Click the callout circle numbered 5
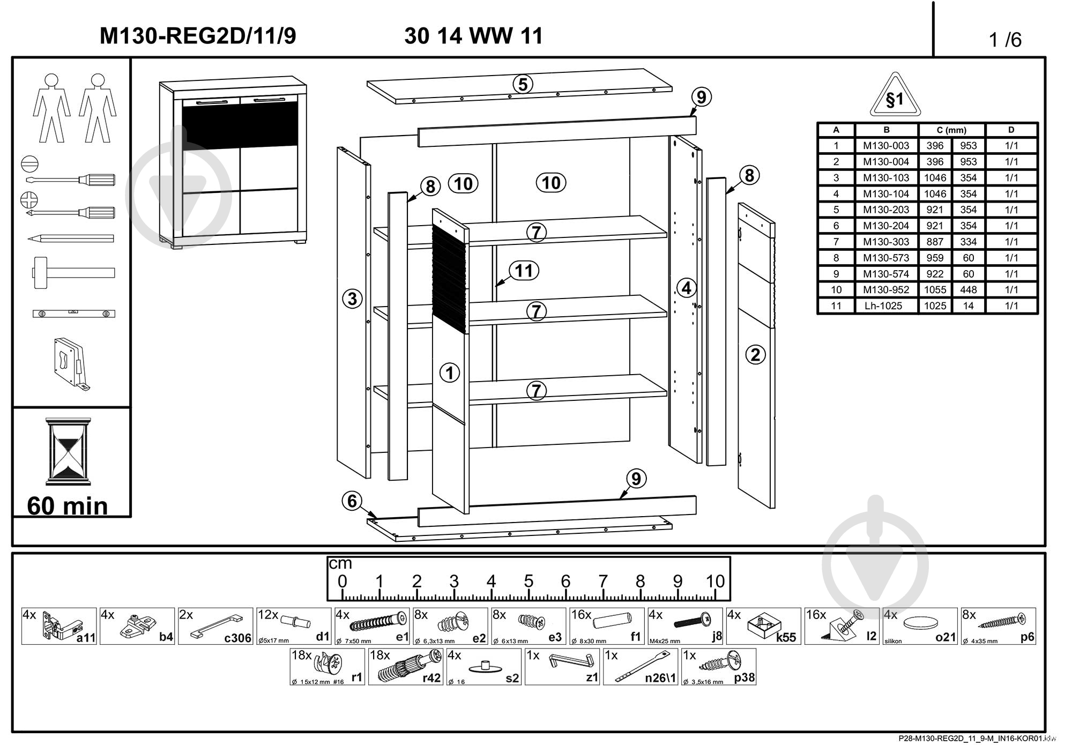(523, 84)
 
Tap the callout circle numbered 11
(524, 271)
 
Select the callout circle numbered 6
(352, 501)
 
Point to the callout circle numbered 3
(352, 299)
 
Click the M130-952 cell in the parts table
(886, 290)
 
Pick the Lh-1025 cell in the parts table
(886, 306)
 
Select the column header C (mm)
(951, 130)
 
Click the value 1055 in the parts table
(935, 290)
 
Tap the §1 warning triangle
(895, 97)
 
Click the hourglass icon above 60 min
(68, 450)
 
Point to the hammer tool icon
(73, 273)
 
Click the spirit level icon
(73, 314)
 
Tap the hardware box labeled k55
(763, 626)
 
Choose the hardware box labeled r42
(406, 667)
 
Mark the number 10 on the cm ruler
(715, 581)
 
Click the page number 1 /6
(1005, 40)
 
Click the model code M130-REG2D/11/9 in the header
(198, 36)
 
